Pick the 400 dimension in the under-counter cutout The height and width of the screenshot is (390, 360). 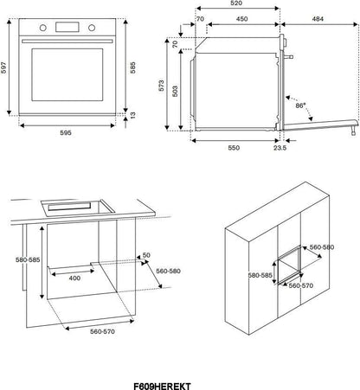(x=74, y=278)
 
